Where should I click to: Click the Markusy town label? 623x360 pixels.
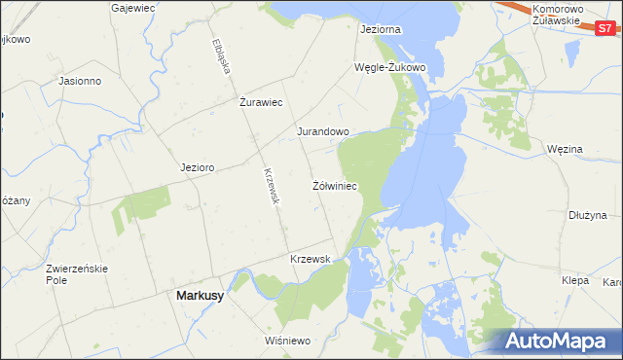click(x=199, y=296)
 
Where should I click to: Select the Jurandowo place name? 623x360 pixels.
click(x=322, y=131)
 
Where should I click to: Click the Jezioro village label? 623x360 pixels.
click(x=197, y=167)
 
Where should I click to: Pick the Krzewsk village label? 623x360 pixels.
click(x=311, y=259)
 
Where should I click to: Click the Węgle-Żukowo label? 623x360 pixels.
click(x=390, y=67)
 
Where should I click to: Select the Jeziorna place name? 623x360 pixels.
click(x=380, y=30)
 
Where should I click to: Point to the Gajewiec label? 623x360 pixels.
click(x=135, y=7)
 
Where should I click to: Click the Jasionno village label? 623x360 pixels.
click(x=81, y=81)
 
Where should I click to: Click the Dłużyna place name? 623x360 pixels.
click(x=588, y=215)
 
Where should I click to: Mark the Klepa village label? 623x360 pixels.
click(x=575, y=279)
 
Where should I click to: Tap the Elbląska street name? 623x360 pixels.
click(x=220, y=57)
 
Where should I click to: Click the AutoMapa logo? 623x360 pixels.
click(x=558, y=342)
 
